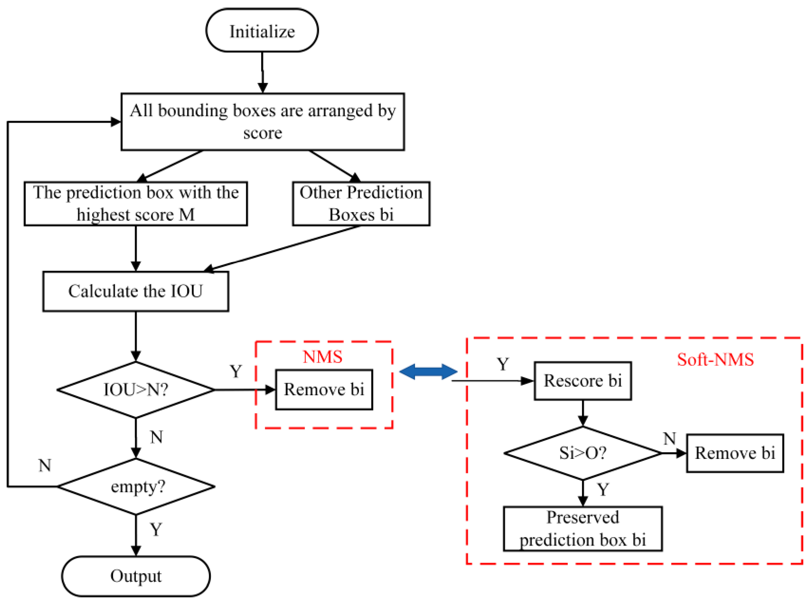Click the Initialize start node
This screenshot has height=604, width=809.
(x=262, y=31)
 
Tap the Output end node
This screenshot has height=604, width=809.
(x=136, y=576)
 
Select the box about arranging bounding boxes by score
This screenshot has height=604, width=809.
(x=262, y=122)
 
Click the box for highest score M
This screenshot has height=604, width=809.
(x=136, y=204)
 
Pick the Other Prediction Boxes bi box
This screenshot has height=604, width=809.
(x=361, y=204)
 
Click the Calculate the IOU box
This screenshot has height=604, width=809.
(x=136, y=291)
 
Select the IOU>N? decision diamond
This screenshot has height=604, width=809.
(x=136, y=390)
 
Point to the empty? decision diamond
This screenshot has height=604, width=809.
(x=136, y=487)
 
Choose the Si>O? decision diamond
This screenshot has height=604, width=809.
(x=582, y=453)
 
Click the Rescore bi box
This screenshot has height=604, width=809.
(x=582, y=381)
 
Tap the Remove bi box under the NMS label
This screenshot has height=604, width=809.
(x=324, y=390)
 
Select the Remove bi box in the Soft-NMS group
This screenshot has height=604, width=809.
(x=734, y=453)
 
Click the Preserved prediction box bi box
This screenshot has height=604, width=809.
(x=582, y=529)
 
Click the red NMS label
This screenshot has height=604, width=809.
(x=323, y=357)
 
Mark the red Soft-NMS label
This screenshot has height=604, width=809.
(x=715, y=360)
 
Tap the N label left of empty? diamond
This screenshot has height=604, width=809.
(x=45, y=466)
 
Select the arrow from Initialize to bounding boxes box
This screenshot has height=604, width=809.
(x=262, y=72)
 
